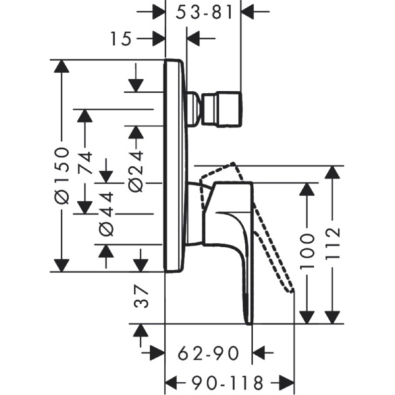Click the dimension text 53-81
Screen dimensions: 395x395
coord(207,12)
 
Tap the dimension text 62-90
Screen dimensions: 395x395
coord(209,354)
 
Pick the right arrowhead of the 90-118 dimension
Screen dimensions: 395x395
coord(286,382)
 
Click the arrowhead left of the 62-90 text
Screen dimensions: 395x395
coord(157,354)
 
